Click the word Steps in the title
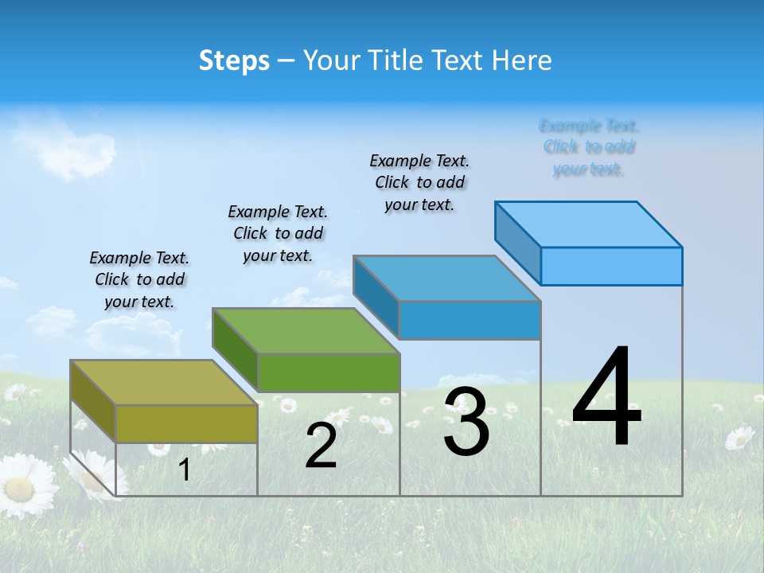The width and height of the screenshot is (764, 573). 234,60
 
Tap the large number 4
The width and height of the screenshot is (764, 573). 607,398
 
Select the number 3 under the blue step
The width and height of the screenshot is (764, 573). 466,422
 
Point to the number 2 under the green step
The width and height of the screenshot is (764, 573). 322,446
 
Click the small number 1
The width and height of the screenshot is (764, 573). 185,470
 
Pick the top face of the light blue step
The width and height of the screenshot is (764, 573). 589,224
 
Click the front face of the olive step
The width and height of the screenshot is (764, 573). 186,423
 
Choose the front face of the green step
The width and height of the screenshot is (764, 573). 329,372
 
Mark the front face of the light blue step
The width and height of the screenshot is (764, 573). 611,266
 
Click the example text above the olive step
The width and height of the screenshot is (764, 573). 139,279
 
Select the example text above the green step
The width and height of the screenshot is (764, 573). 278,233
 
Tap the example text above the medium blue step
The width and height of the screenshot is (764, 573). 419,182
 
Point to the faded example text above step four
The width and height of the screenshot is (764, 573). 589,147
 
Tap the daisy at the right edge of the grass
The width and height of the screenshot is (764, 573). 740,438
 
